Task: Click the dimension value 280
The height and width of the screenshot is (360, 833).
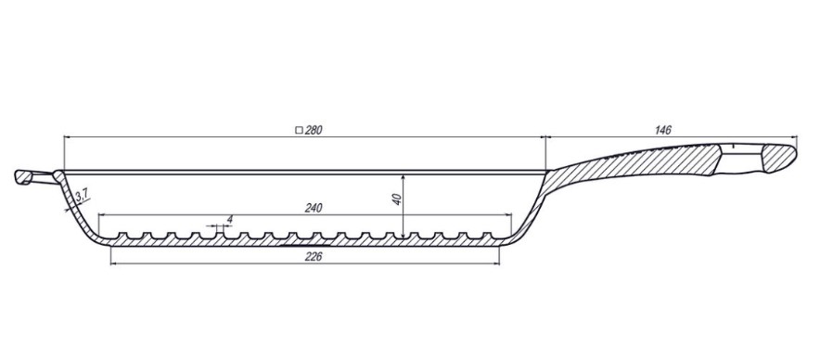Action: click(x=314, y=130)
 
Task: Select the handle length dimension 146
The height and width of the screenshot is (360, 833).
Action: click(x=663, y=130)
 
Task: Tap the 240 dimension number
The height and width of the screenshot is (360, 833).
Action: click(x=314, y=208)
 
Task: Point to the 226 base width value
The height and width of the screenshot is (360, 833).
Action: click(x=314, y=256)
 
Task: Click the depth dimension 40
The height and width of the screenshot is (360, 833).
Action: click(x=397, y=199)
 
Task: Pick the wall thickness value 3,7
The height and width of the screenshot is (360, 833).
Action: click(x=82, y=196)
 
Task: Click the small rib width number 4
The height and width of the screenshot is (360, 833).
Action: click(x=229, y=219)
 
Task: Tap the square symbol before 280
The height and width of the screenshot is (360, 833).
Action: click(x=299, y=130)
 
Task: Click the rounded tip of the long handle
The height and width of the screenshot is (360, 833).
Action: click(x=793, y=154)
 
